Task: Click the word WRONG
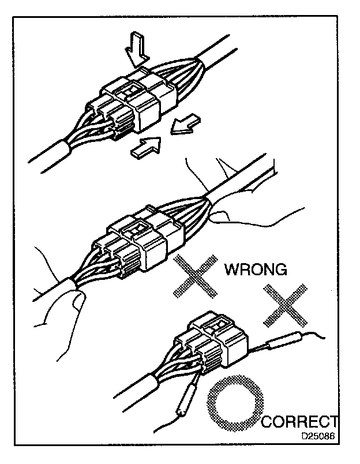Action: (x=256, y=270)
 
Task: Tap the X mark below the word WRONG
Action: (x=283, y=304)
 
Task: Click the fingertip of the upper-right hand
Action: (x=215, y=218)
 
